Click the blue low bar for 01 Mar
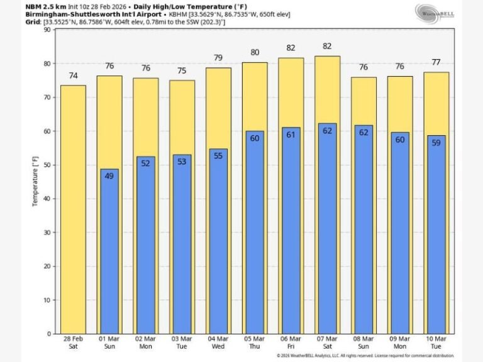(x=109, y=251)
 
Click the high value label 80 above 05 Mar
(x=255, y=53)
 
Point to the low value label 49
(x=109, y=176)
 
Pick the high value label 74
(x=73, y=75)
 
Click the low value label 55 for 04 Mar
(x=218, y=156)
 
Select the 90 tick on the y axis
(x=47, y=30)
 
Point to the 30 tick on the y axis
(x=47, y=233)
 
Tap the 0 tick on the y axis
(x=49, y=334)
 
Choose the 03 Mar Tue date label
(x=182, y=343)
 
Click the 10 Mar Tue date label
(x=436, y=343)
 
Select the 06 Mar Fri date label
(x=291, y=343)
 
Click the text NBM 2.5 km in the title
(x=45, y=6)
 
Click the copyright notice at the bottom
(x=365, y=356)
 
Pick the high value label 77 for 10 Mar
(x=436, y=63)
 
